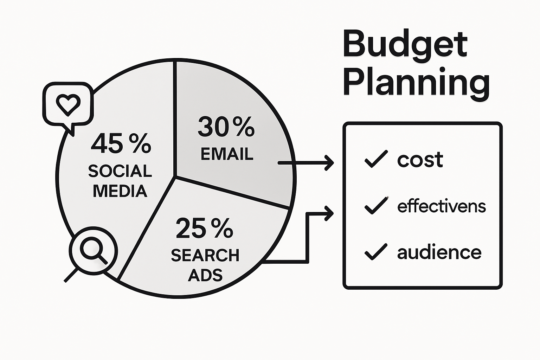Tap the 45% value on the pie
click(x=121, y=143)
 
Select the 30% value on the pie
click(x=226, y=127)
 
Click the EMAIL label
click(x=227, y=154)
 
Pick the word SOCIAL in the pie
click(x=120, y=171)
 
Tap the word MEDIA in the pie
click(x=120, y=191)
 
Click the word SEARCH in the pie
click(x=205, y=255)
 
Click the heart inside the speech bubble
click(x=68, y=104)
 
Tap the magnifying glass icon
click(x=94, y=250)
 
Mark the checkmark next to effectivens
click(x=376, y=205)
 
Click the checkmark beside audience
click(x=376, y=252)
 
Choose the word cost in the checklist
click(x=420, y=160)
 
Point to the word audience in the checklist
click(x=439, y=252)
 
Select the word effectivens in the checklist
click(x=441, y=206)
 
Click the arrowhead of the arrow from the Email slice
click(x=330, y=163)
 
